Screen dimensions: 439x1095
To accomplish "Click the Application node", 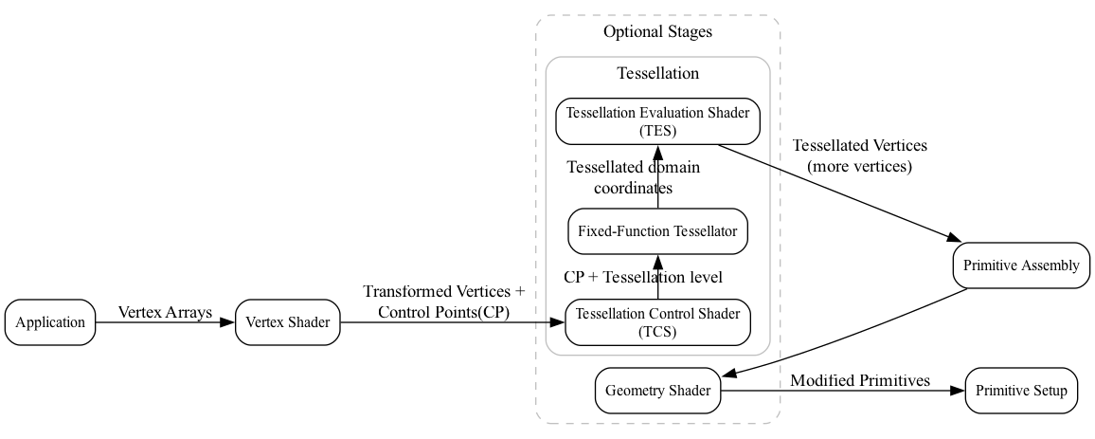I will tap(50, 322).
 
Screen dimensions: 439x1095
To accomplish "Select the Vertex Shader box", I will tap(287, 322).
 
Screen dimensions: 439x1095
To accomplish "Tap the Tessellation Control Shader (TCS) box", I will tap(657, 322).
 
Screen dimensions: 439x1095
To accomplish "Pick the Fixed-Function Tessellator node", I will tap(657, 231).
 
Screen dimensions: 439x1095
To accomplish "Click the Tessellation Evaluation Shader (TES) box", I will tap(657, 121).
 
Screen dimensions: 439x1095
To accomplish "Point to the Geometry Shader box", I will tap(657, 391).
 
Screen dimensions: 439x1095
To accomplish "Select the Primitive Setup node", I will tap(1021, 391).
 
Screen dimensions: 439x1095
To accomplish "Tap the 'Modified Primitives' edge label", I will tap(860, 381).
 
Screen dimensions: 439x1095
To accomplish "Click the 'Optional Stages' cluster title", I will tap(657, 32).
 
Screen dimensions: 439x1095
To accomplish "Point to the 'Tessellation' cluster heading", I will tap(657, 74).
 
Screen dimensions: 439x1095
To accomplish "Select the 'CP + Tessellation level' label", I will tap(643, 278).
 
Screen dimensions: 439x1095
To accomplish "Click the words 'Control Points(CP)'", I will tap(443, 312).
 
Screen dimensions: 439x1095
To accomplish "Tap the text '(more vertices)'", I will tap(859, 166).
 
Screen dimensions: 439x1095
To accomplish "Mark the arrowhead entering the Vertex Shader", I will tap(227, 322).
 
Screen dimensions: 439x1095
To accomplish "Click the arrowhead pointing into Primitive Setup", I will tap(958, 391).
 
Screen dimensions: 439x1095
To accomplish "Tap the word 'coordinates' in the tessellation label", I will tap(633, 188).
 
